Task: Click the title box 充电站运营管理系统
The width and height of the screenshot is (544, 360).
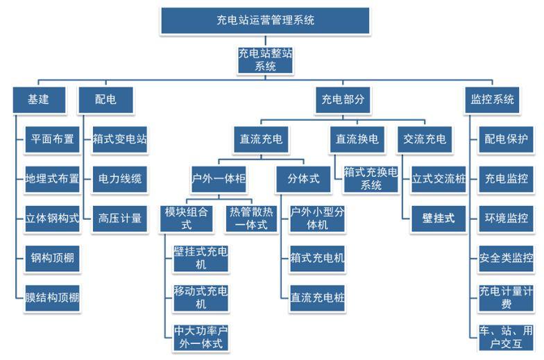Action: pyautogui.click(x=265, y=20)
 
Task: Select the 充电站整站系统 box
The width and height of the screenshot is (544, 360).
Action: pyautogui.click(x=265, y=60)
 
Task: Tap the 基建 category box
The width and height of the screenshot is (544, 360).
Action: pyautogui.click(x=38, y=99)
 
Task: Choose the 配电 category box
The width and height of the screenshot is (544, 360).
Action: pyautogui.click(x=105, y=99)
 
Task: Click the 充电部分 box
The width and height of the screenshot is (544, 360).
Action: pyautogui.click(x=343, y=99)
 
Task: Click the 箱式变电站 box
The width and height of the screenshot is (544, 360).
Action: pyautogui.click(x=119, y=139)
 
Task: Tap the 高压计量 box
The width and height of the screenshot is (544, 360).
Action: pyautogui.click(x=119, y=218)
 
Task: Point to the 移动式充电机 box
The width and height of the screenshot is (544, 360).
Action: pyautogui.click(x=201, y=298)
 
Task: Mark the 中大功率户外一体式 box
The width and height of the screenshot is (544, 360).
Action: pyautogui.click(x=201, y=336)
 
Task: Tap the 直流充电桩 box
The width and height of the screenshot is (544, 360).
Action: pyautogui.click(x=317, y=299)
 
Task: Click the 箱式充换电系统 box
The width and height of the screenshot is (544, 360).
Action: pyautogui.click(x=371, y=178)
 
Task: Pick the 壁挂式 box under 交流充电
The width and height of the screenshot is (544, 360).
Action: pyautogui.click(x=439, y=218)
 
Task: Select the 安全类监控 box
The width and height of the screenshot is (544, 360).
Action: pyautogui.click(x=506, y=258)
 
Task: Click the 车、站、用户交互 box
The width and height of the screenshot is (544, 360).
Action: pyautogui.click(x=506, y=336)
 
